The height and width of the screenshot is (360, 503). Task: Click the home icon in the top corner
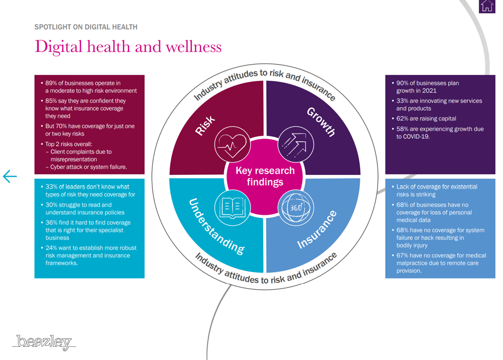487,7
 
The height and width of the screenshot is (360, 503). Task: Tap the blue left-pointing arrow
10,176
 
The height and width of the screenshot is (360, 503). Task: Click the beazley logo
44,342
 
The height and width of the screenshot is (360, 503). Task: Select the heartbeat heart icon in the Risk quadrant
231,144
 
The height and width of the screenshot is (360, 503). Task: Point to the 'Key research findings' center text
265,176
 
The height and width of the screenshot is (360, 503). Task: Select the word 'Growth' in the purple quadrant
321,122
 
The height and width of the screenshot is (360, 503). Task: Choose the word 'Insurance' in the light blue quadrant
317,230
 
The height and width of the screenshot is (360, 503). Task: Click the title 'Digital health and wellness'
128,47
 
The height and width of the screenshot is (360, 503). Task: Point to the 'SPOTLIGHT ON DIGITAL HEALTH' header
86,27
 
